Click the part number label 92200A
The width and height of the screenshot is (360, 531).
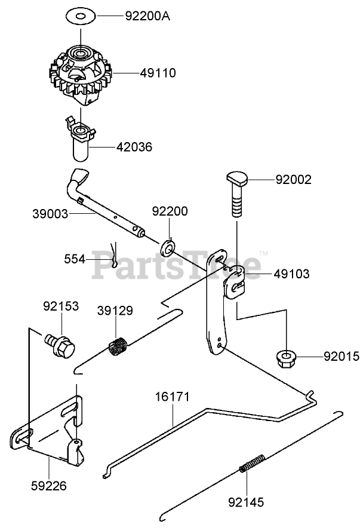click(x=147, y=16)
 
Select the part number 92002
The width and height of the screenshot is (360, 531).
click(x=293, y=179)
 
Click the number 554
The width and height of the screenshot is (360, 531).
click(x=74, y=259)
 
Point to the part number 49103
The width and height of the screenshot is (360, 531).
click(x=291, y=274)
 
